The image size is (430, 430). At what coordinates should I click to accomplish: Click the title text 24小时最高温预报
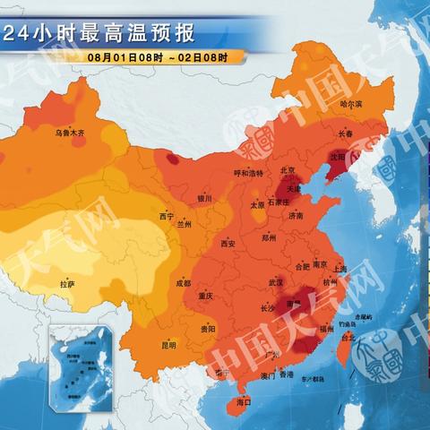click(x=99, y=34)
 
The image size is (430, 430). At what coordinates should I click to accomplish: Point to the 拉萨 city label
click(x=67, y=284)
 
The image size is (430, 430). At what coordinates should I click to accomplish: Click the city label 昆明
click(x=169, y=344)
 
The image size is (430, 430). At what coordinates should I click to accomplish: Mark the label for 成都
click(x=183, y=283)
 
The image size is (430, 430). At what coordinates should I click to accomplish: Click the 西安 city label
click(x=228, y=243)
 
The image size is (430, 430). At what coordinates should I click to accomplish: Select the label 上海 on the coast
click(x=340, y=268)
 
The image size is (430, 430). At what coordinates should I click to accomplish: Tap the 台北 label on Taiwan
click(x=348, y=337)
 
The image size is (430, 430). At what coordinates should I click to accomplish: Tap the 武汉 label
click(x=274, y=282)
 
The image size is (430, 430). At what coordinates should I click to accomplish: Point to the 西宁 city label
click(x=166, y=217)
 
